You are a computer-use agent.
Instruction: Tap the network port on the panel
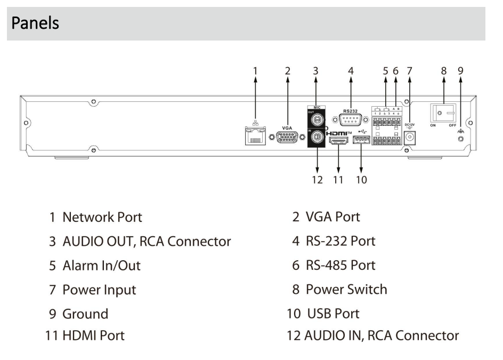pyautogui.click(x=255, y=137)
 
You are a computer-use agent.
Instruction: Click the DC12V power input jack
pyautogui.click(x=410, y=137)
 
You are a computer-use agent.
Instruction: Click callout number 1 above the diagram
pyautogui.click(x=255, y=70)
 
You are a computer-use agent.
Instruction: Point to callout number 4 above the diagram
pyautogui.click(x=350, y=70)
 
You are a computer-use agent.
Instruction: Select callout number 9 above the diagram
pyautogui.click(x=460, y=70)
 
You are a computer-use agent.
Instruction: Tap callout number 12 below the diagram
pyautogui.click(x=317, y=180)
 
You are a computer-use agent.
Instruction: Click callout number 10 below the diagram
pyautogui.click(x=361, y=180)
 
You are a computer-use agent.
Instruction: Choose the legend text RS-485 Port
pyautogui.click(x=340, y=265)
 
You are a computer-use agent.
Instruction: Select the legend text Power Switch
pyautogui.click(x=346, y=290)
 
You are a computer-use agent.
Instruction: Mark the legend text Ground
pyautogui.click(x=85, y=314)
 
